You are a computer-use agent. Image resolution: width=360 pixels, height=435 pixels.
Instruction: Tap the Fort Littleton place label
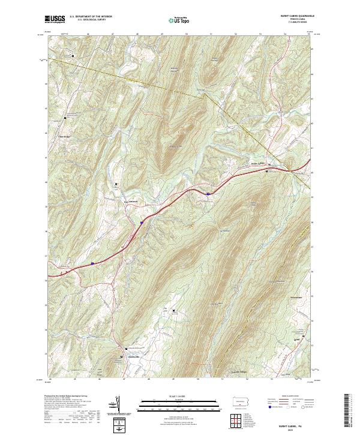(x=131, y=201)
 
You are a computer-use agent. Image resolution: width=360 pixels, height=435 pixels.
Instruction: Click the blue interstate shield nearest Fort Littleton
(x=142, y=223)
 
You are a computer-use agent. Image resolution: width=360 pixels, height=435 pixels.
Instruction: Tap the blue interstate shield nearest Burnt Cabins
(x=208, y=193)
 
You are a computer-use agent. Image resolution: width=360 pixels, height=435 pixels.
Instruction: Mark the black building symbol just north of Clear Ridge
(x=65, y=118)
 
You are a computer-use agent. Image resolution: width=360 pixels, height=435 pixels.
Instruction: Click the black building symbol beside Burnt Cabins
(x=267, y=172)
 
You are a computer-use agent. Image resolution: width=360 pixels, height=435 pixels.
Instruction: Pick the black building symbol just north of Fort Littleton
(x=116, y=184)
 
